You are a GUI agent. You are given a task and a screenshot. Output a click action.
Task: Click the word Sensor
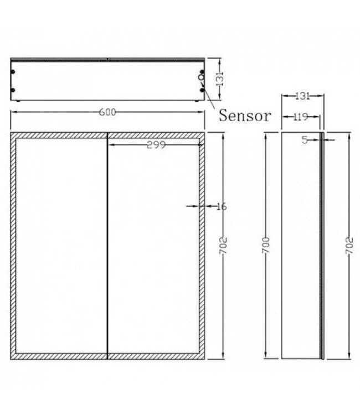(x=245, y=116)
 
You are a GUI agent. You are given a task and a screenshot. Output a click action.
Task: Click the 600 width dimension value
(x=107, y=112)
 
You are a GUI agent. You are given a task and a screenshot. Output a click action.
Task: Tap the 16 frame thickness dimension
(x=221, y=206)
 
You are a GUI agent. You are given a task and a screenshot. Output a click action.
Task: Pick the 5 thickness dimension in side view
(x=305, y=140)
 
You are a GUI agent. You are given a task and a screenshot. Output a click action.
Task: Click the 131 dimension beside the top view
(x=220, y=79)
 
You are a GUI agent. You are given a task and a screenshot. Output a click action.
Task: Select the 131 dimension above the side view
(x=302, y=96)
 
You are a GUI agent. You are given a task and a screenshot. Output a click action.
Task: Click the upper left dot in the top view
(x=14, y=72)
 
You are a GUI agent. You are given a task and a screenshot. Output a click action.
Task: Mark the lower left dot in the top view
(x=14, y=91)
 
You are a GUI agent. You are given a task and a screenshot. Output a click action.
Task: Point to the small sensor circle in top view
(x=200, y=78)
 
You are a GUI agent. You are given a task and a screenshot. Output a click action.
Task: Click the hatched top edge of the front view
(x=107, y=134)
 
